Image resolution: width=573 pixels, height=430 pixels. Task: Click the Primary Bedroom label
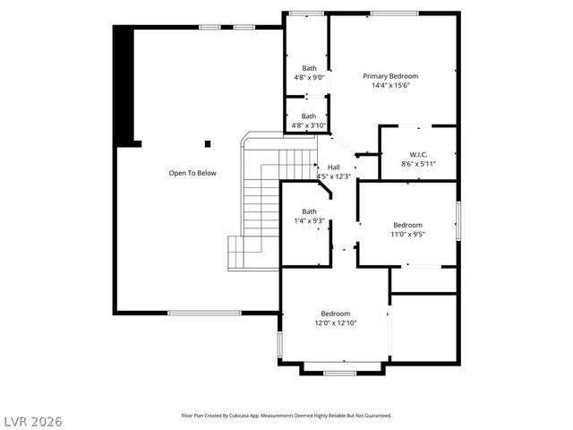[389, 76]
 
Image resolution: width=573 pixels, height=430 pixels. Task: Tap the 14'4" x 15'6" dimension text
[389, 87]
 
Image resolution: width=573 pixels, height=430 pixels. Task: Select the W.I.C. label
[418, 154]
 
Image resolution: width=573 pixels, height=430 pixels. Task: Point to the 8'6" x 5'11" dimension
[418, 165]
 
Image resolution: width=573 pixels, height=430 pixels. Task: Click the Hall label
[333, 168]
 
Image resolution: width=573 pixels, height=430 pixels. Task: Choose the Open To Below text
[192, 173]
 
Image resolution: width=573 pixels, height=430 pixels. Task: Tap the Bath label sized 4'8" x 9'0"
[309, 68]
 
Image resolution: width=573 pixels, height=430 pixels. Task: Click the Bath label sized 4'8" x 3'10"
[309, 116]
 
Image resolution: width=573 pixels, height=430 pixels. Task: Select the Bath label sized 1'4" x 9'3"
[309, 211]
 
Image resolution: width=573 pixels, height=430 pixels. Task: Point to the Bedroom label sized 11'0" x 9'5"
[408, 225]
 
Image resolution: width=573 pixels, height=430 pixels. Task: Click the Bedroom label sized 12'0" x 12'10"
[336, 313]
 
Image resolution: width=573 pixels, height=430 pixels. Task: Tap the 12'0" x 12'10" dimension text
[336, 323]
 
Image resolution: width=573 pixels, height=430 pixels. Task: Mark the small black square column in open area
[208, 143]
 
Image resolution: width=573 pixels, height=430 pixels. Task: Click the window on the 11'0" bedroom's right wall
[458, 220]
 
